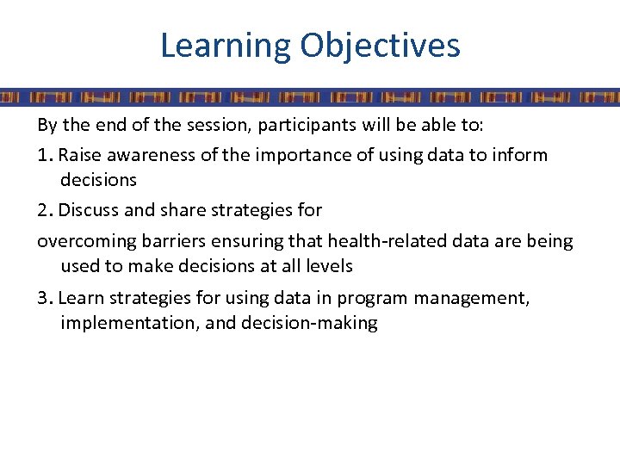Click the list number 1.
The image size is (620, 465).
43,154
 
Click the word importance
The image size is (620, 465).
267,154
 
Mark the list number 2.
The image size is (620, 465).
43,209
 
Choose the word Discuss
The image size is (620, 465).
88,209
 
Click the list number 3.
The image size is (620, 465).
43,298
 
